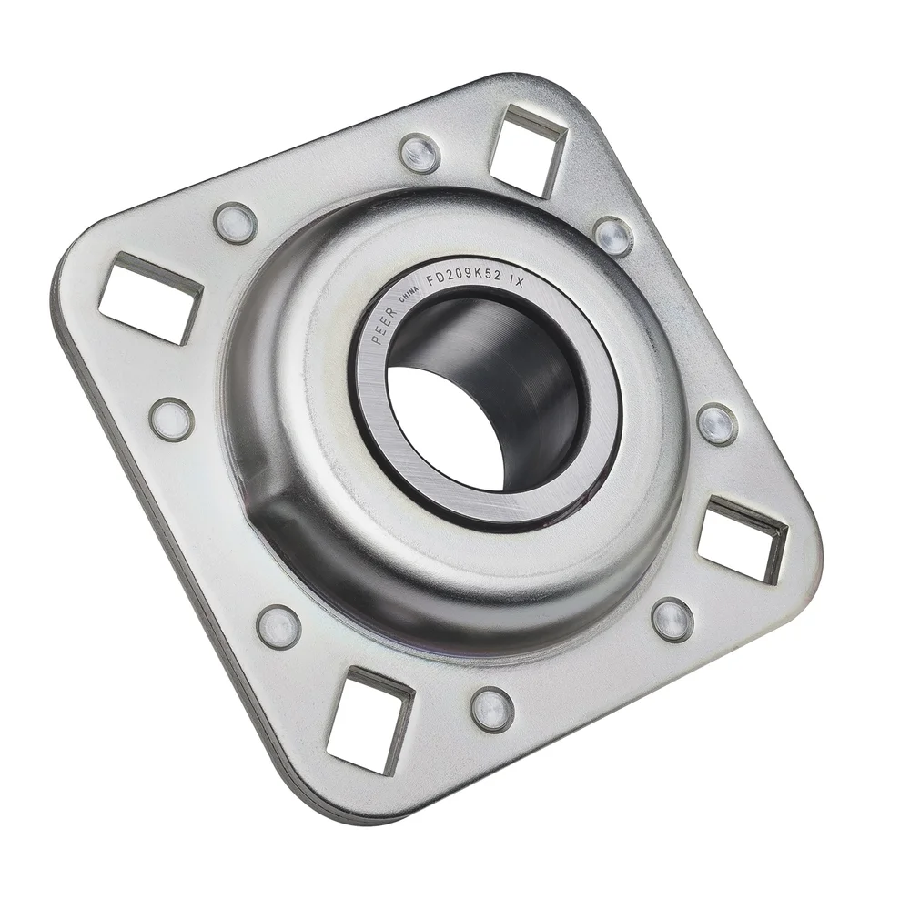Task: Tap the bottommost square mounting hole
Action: click(369, 719)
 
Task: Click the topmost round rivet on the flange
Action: click(420, 153)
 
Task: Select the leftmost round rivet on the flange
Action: click(172, 419)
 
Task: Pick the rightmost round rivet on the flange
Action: click(718, 424)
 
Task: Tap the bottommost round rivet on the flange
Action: click(492, 709)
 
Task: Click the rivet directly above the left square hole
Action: click(235, 222)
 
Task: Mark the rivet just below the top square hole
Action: click(613, 237)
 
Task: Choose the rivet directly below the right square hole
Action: click(672, 620)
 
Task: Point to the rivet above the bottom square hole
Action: click(278, 626)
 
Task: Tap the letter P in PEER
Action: click(376, 337)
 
